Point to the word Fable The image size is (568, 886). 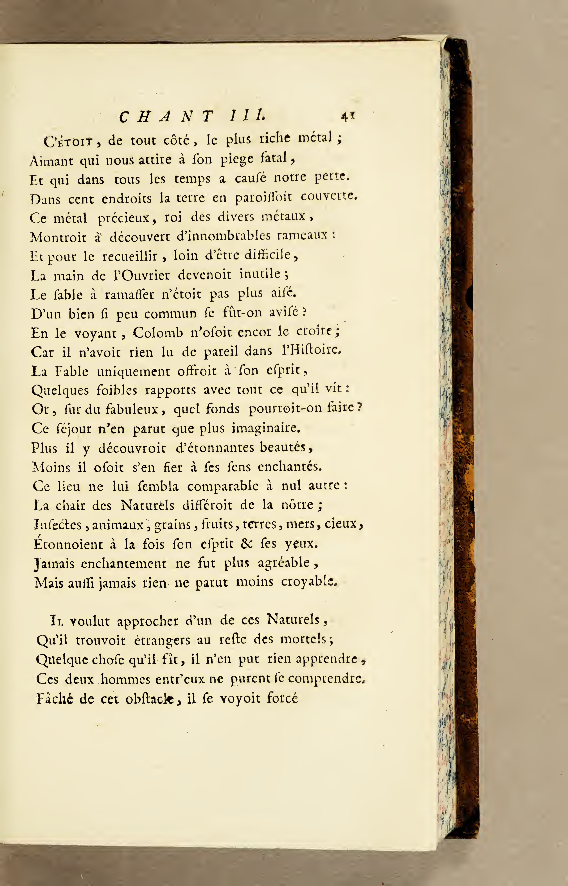coord(72,371)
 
